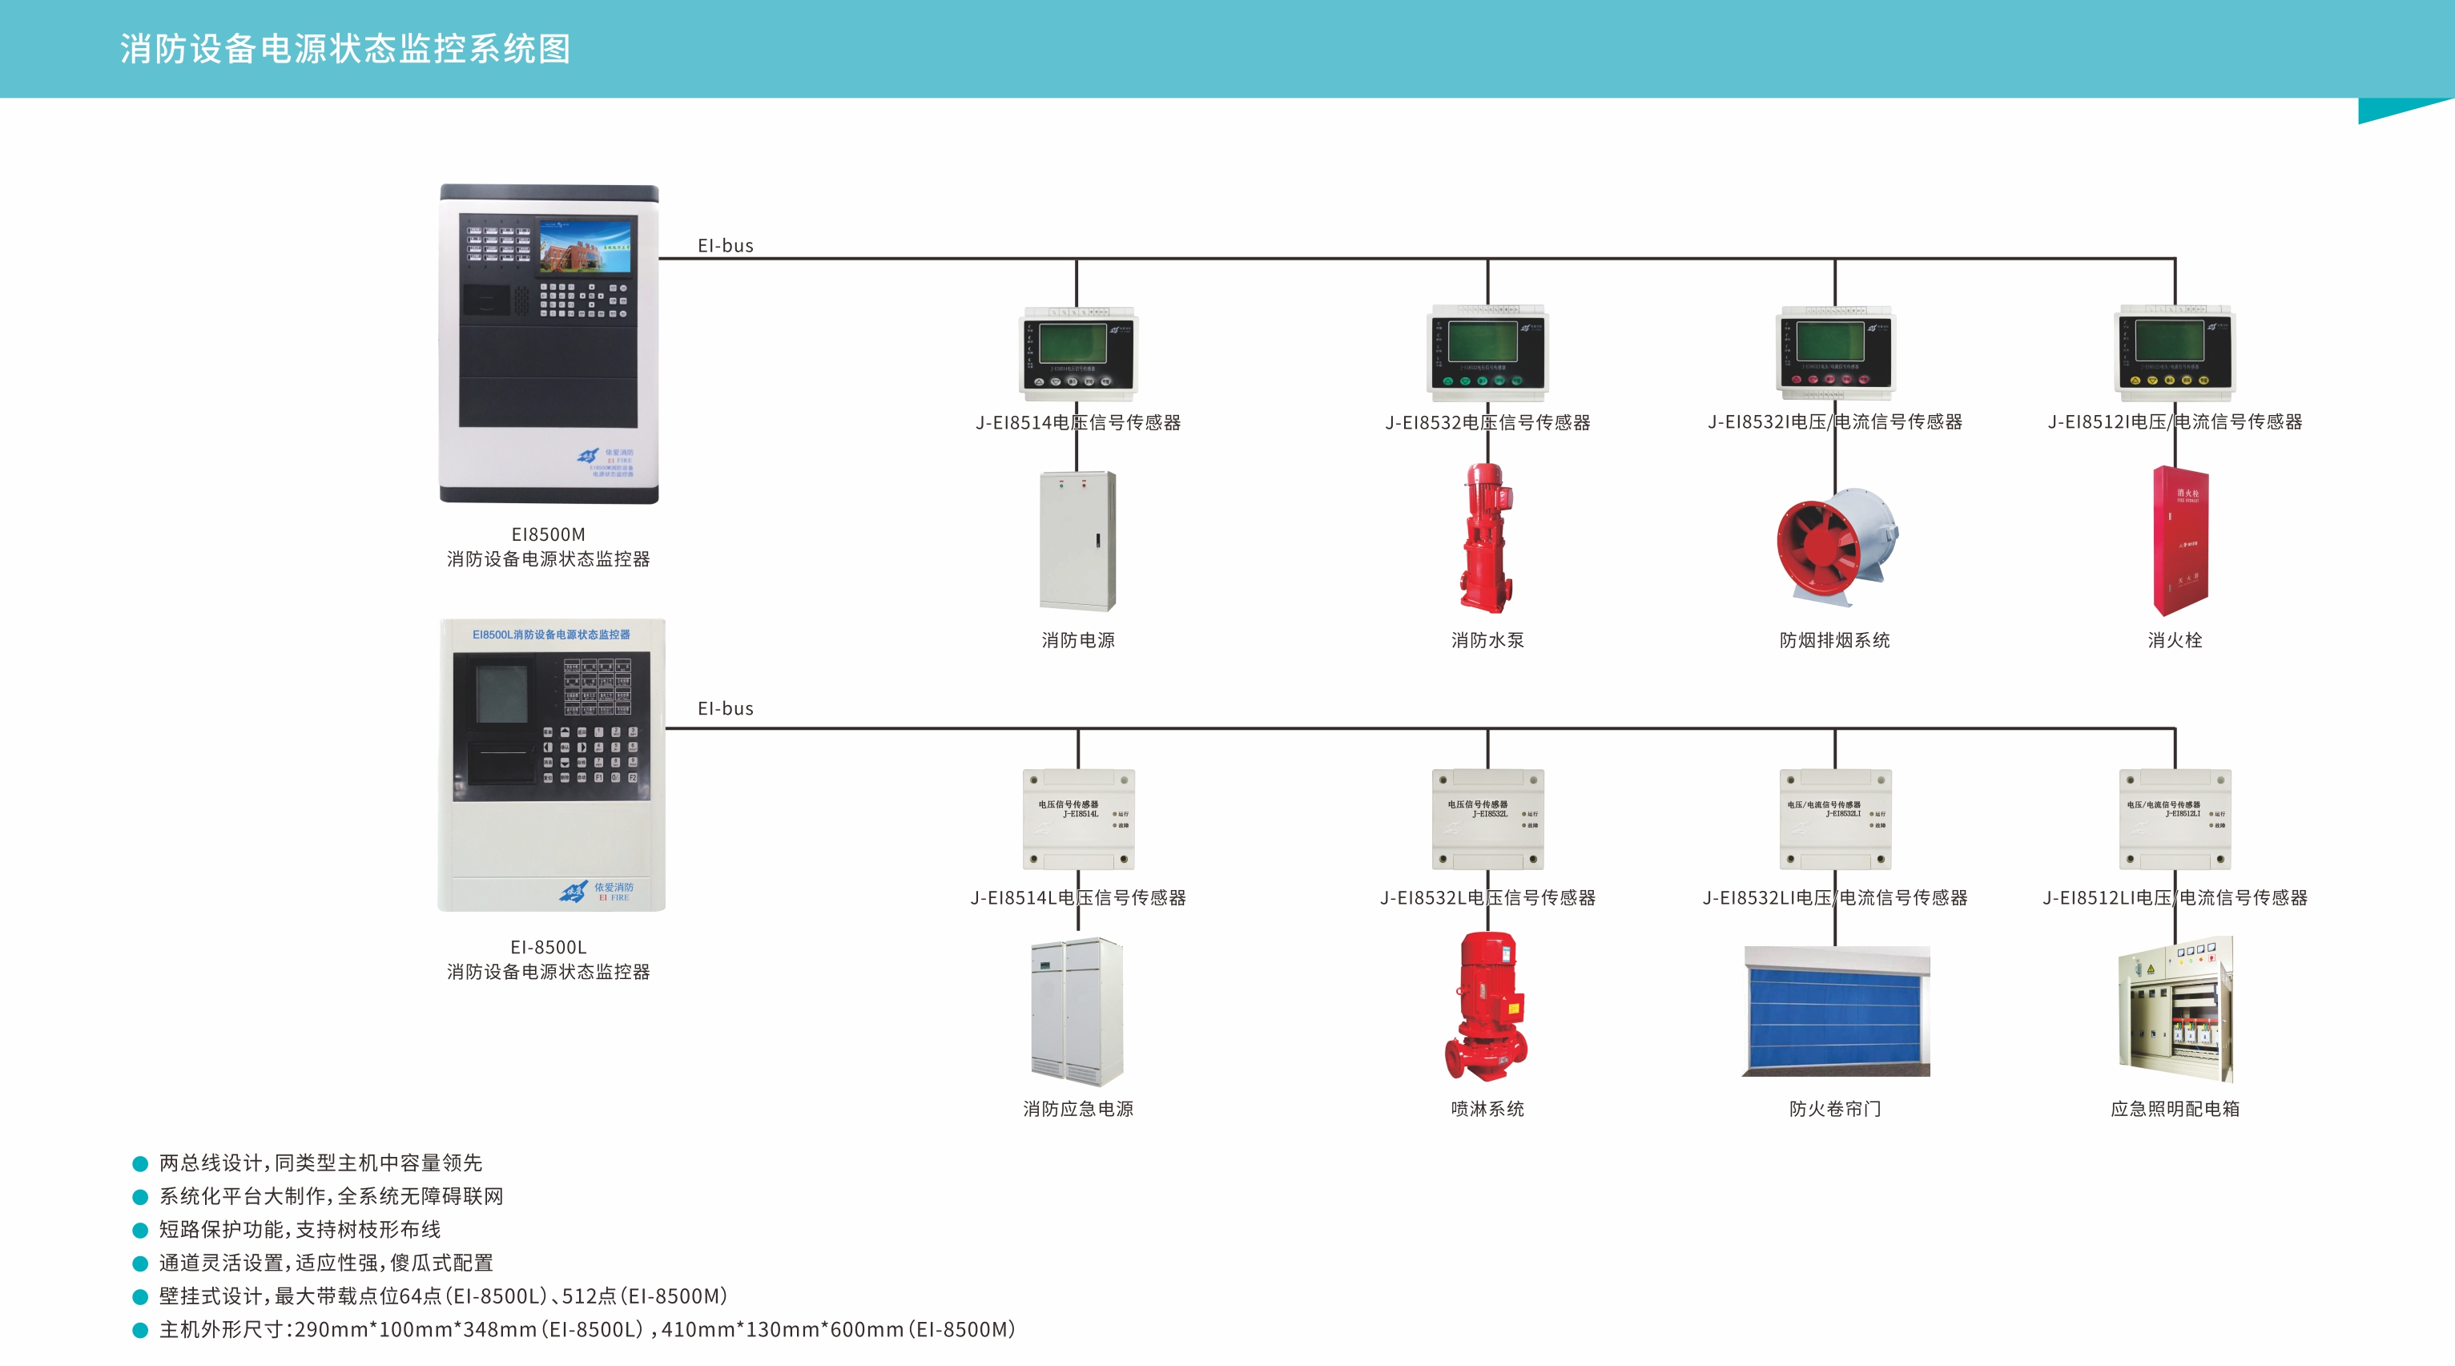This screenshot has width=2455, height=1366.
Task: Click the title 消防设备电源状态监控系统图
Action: pos(345,49)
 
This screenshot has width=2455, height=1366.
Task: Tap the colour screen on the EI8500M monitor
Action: pos(586,246)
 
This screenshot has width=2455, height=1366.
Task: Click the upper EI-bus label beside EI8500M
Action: pos(725,246)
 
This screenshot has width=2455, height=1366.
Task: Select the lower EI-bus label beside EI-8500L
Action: pos(725,708)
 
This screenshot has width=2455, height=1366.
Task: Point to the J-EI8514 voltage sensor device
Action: pos(1078,353)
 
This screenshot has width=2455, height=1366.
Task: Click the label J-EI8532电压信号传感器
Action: pos(1487,422)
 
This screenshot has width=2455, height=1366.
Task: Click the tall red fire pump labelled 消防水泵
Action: pos(1487,538)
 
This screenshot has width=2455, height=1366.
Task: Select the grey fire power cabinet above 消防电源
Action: pos(1078,541)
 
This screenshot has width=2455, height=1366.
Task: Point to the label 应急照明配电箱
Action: pos(2175,1109)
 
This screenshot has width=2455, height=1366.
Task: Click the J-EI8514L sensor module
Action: pos(1078,819)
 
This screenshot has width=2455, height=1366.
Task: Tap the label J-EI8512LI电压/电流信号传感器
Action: pos(2175,898)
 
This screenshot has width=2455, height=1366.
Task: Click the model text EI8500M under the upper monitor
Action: pos(548,534)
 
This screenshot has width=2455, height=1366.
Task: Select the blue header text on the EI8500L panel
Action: pos(551,635)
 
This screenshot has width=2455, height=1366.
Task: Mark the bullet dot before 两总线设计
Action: pos(140,1164)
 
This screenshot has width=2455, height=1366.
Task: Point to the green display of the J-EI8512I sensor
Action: pos(2169,340)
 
